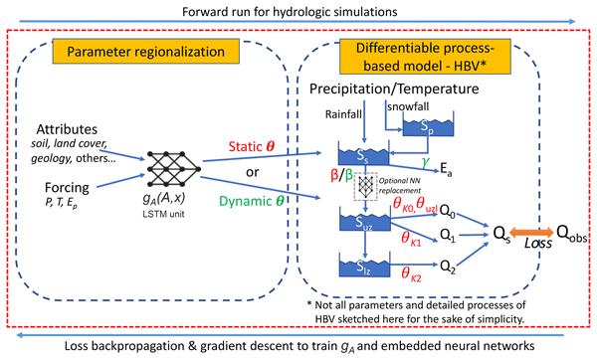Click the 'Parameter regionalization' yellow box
pyautogui.click(x=146, y=51)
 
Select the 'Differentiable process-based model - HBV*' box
pyautogui.click(x=425, y=57)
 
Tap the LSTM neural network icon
pyautogui.click(x=173, y=169)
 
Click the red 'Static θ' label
pyautogui.click(x=252, y=146)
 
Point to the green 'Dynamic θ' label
pyautogui.click(x=252, y=201)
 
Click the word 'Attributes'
pyautogui.click(x=67, y=129)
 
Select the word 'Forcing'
pyautogui.click(x=67, y=188)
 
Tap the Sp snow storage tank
pyautogui.click(x=428, y=124)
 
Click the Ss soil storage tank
pyautogui.click(x=363, y=153)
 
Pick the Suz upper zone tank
pyautogui.click(x=365, y=221)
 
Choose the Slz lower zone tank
pyautogui.click(x=365, y=266)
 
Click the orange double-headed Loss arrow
pyautogui.click(x=531, y=232)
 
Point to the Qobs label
pyautogui.click(x=571, y=233)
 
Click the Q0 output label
pyautogui.click(x=448, y=211)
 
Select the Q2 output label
pyautogui.click(x=448, y=267)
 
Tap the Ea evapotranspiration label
pyautogui.click(x=446, y=169)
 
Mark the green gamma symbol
pyautogui.click(x=425, y=162)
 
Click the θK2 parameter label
pyautogui.click(x=411, y=274)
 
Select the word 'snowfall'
pyautogui.click(x=408, y=106)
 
